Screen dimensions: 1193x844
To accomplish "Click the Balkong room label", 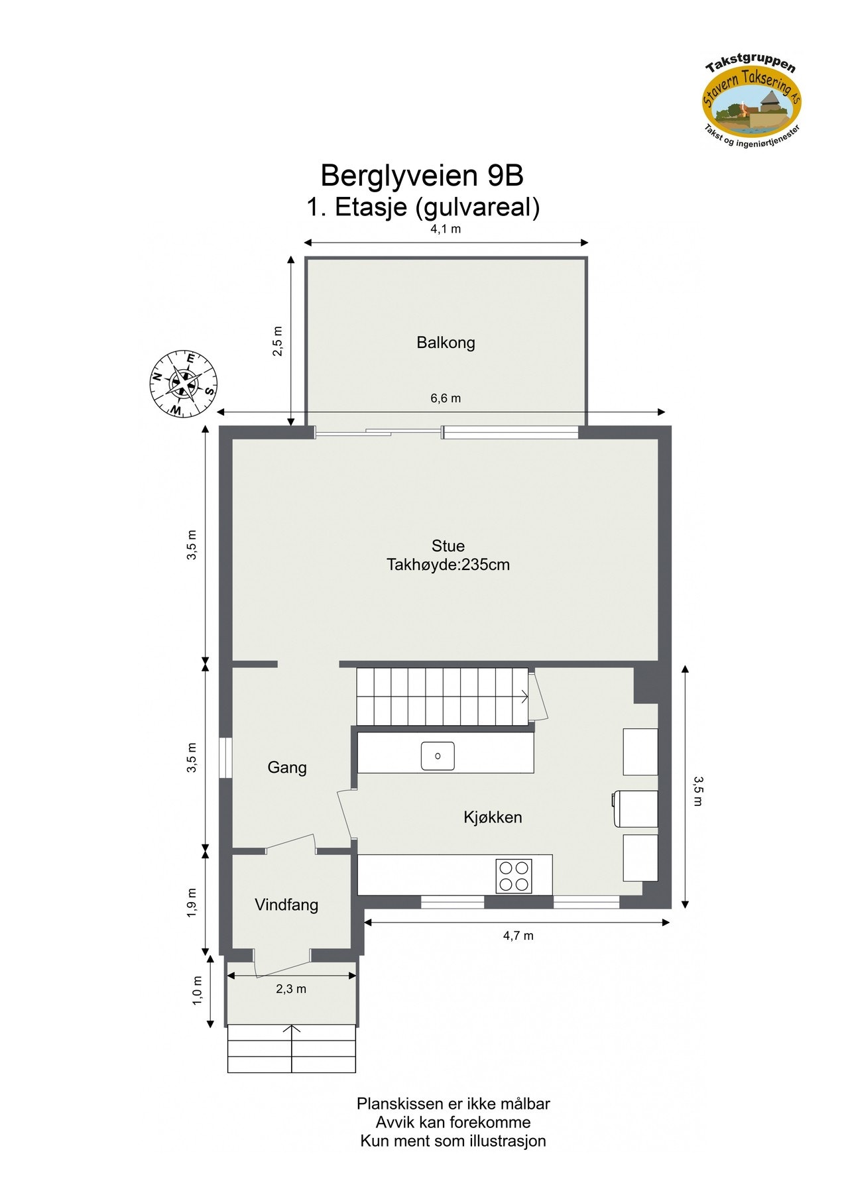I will [446, 343].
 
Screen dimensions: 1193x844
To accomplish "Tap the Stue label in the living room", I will [448, 546].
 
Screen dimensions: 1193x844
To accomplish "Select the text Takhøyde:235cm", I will [448, 565].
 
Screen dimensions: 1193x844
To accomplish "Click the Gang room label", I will [286, 767].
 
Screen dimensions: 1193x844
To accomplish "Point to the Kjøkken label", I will [492, 817].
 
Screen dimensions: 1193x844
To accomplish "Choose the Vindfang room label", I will [286, 905].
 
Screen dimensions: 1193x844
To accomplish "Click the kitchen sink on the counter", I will [438, 756].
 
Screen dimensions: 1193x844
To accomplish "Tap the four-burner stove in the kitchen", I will [514, 876].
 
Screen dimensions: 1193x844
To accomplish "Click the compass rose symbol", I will [183, 384].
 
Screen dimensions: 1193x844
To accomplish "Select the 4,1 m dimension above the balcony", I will [446, 230].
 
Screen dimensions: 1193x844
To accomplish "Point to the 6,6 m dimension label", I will [446, 398].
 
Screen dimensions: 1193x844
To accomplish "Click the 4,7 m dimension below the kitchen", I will [518, 936].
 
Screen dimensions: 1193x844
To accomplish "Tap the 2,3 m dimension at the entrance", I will [291, 989].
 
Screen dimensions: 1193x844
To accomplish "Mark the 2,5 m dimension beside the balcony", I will [278, 341].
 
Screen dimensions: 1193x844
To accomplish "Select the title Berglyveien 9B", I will [422, 176].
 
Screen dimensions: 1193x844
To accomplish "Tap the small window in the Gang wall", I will [225, 758].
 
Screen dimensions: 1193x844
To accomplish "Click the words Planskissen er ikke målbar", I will [453, 1104].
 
